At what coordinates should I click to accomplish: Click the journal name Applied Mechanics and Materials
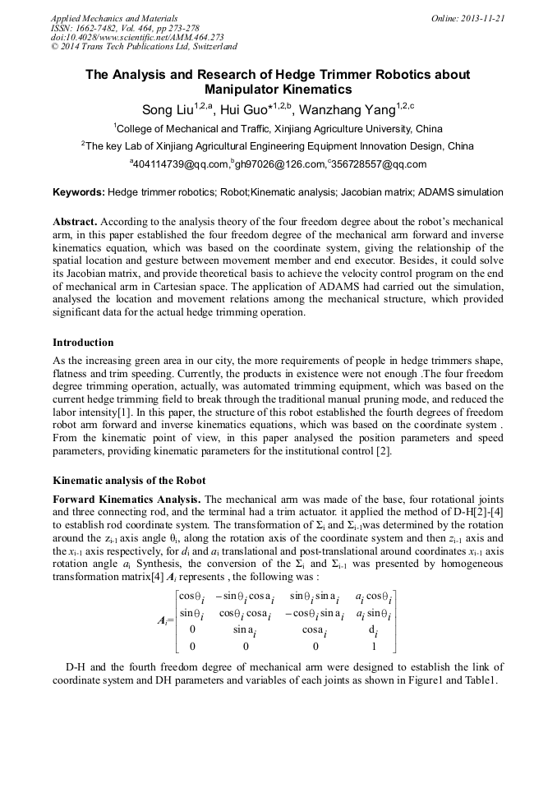click(x=114, y=17)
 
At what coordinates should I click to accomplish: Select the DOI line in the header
click(x=137, y=37)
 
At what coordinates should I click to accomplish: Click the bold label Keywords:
click(x=79, y=192)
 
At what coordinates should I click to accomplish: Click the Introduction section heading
click(x=83, y=342)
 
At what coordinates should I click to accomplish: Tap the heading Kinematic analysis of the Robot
click(x=129, y=480)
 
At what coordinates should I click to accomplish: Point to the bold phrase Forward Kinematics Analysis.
click(x=127, y=499)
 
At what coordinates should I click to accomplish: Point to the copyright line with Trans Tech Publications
click(x=144, y=47)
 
